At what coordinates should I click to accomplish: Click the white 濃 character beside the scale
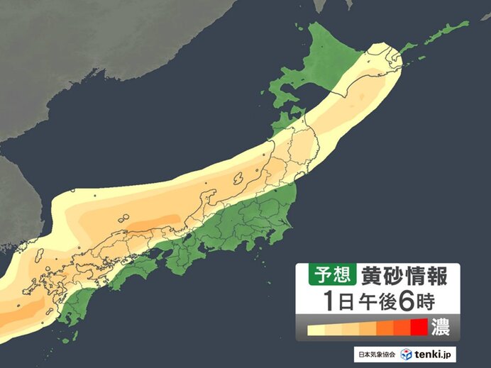pyautogui.click(x=441, y=328)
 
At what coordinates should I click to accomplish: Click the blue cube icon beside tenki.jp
pyautogui.click(x=406, y=354)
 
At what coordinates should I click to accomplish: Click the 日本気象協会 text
pyautogui.click(x=376, y=354)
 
